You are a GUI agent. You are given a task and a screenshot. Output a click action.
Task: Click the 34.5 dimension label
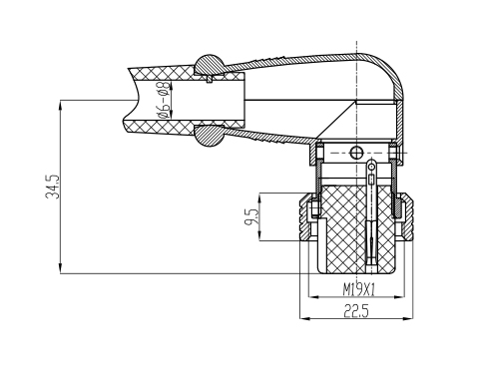click(53, 187)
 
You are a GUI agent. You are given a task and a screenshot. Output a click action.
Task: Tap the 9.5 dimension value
click(251, 215)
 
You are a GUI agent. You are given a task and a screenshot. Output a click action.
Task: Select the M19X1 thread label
click(358, 290)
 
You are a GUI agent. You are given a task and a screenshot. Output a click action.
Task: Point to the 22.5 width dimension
click(356, 311)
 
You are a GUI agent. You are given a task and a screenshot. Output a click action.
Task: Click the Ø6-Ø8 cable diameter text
click(164, 100)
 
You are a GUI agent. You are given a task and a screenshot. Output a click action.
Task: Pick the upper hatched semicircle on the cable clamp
click(210, 65)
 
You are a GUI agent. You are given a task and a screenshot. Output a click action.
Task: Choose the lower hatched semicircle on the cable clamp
click(209, 136)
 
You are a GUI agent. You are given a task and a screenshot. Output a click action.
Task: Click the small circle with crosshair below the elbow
click(355, 153)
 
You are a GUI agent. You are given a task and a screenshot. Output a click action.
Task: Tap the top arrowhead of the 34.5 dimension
click(60, 105)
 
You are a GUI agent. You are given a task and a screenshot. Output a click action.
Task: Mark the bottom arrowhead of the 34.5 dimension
click(60, 268)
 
